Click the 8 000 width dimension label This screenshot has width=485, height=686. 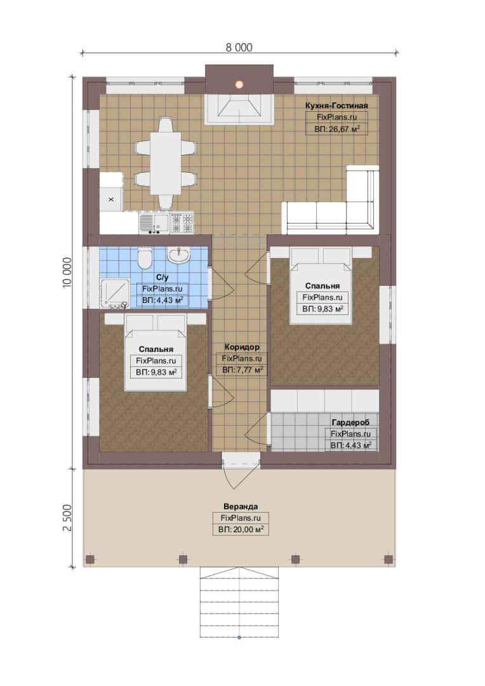pos(239,47)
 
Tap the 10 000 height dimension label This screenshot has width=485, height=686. pos(67,272)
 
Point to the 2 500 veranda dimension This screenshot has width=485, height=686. pos(67,518)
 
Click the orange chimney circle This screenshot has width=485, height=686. pos(239,85)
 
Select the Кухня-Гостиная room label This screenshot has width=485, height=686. pos(336,105)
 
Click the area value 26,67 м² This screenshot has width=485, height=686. pos(336,129)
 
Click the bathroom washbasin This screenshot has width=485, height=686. pos(179,255)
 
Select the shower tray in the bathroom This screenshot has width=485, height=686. pos(114,293)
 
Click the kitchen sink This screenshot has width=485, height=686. pos(154,223)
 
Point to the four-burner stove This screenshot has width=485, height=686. pos(182,223)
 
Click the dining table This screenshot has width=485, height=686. pos(166,164)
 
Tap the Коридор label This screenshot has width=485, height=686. pos(242,347)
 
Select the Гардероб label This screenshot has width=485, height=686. pos(351,422)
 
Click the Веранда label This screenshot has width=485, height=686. pos(241,507)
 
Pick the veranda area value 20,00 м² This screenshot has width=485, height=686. pos(241,530)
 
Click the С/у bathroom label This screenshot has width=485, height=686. pos(163,278)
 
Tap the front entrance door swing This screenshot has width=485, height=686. pos(238,474)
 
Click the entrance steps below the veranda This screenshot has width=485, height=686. pos(239,602)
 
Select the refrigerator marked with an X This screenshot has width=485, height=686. pos(111,199)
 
